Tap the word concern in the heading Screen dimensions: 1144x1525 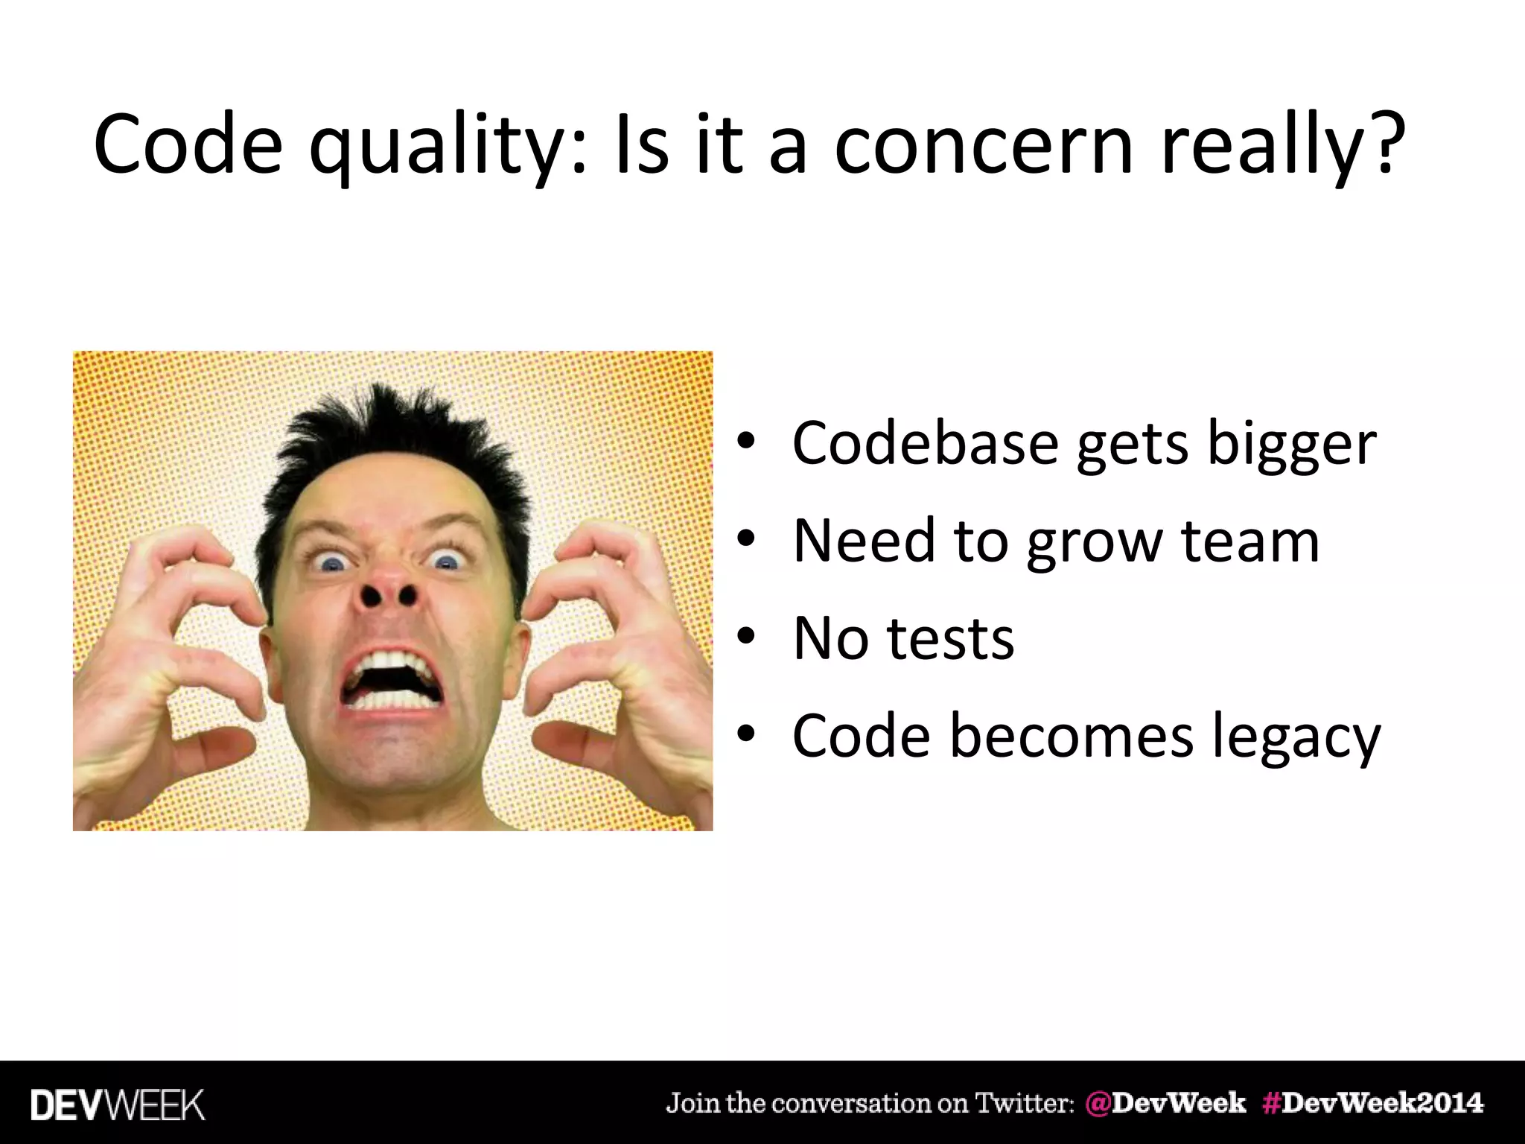click(x=983, y=145)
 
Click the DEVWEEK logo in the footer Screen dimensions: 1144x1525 click(x=118, y=1105)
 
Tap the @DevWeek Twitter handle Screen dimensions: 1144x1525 click(x=1165, y=1103)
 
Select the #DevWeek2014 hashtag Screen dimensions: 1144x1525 click(x=1372, y=1103)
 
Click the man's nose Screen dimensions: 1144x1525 click(x=387, y=585)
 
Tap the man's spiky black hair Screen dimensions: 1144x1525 click(x=395, y=447)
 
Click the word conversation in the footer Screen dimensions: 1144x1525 click(x=849, y=1103)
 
